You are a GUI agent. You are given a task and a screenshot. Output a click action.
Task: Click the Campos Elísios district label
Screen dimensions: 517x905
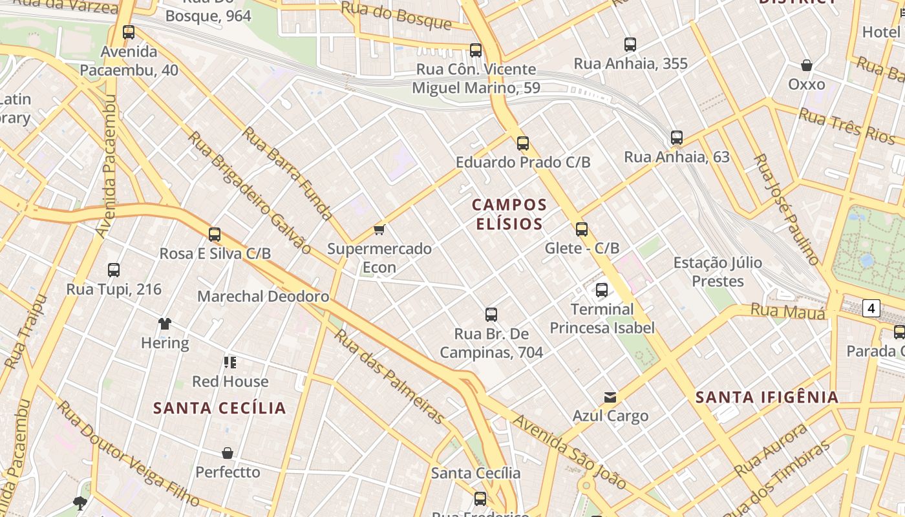(x=509, y=215)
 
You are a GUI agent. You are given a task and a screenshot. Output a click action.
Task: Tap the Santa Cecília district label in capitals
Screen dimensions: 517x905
(x=220, y=408)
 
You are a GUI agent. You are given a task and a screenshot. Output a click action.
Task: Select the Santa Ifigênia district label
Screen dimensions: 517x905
(x=767, y=397)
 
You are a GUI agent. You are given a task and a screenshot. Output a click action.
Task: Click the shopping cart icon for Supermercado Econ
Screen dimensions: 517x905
(x=379, y=230)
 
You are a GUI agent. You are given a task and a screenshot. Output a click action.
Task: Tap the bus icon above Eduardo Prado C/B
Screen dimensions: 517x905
(x=523, y=143)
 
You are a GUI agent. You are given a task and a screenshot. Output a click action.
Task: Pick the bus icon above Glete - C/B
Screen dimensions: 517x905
(x=582, y=229)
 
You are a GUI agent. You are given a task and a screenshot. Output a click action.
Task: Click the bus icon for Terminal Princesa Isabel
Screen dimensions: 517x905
(x=602, y=290)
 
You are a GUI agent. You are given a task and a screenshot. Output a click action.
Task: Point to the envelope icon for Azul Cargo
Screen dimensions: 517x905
(x=610, y=397)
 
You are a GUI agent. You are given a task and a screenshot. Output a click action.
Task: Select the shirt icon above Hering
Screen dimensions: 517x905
(x=165, y=324)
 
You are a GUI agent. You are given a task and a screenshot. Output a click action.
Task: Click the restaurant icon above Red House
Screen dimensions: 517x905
(x=230, y=363)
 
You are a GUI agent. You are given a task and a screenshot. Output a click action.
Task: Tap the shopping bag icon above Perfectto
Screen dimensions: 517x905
(x=228, y=453)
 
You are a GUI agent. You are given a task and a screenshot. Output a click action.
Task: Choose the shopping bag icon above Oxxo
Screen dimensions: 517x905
(x=807, y=65)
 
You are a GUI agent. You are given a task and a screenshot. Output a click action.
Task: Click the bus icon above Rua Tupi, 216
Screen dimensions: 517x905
(x=114, y=270)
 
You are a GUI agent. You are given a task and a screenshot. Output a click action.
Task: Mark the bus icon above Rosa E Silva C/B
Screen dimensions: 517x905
(x=215, y=235)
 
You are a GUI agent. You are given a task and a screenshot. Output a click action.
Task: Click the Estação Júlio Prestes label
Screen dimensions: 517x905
(x=718, y=272)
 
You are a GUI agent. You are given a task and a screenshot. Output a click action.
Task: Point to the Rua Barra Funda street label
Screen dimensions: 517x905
(x=287, y=174)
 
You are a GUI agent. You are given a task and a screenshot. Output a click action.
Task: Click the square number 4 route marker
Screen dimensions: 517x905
(x=871, y=308)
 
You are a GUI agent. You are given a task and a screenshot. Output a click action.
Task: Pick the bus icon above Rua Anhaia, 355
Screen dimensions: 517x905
(x=630, y=45)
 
